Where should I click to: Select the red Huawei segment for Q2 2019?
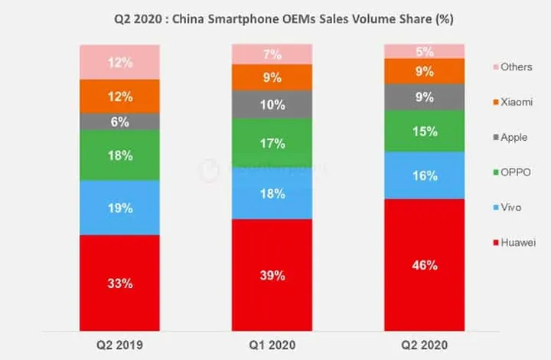coord(120,283)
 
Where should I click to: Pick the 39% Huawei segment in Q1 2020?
coord(272,275)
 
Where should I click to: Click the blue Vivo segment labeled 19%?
coord(120,208)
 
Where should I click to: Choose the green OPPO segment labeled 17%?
coord(272,142)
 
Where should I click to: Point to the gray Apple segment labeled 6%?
coord(120,121)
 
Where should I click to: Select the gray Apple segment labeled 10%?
coord(272,104)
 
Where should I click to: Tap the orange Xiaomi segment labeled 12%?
coord(120,97)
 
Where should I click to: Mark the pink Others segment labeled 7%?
coord(272,54)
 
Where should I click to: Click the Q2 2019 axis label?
coord(120,345)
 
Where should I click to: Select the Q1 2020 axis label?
coord(272,345)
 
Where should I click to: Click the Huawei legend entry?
coord(514,242)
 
